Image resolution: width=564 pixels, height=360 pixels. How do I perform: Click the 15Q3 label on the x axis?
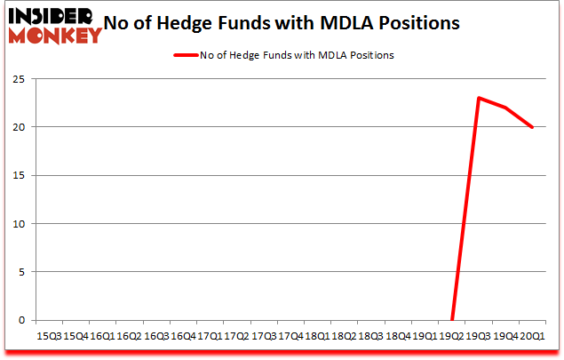49,336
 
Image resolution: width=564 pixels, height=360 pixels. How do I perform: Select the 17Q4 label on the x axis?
290,336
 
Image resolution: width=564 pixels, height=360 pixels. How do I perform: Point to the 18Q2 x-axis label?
345,336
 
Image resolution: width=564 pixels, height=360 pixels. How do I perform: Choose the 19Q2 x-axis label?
452,336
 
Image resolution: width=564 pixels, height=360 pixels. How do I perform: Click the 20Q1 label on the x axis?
533,336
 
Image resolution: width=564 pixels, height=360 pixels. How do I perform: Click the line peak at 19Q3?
479,98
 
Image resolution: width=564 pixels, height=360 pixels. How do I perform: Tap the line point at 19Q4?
506,108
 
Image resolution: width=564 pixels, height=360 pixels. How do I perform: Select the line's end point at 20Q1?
533,127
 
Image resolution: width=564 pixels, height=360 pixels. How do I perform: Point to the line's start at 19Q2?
452,320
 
